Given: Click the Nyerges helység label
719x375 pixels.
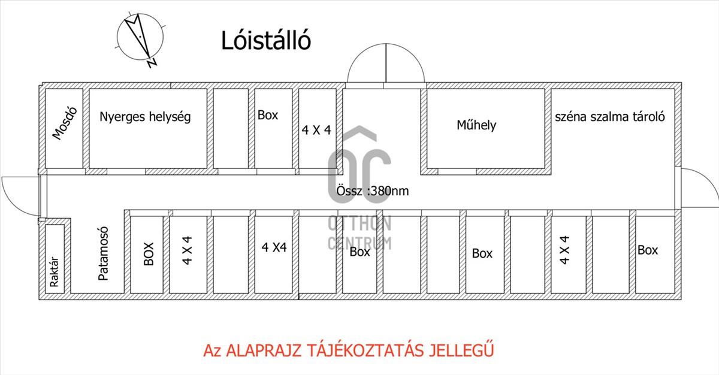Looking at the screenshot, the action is [x=145, y=117].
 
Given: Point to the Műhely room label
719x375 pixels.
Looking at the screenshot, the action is [x=476, y=126].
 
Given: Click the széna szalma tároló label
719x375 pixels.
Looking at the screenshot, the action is [x=610, y=116].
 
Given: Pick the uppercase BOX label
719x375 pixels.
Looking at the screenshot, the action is [x=149, y=253].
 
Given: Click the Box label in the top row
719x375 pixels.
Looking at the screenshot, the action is [x=267, y=115].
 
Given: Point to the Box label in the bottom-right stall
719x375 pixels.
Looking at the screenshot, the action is [x=648, y=250].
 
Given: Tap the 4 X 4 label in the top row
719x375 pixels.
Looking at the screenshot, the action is [x=316, y=129].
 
